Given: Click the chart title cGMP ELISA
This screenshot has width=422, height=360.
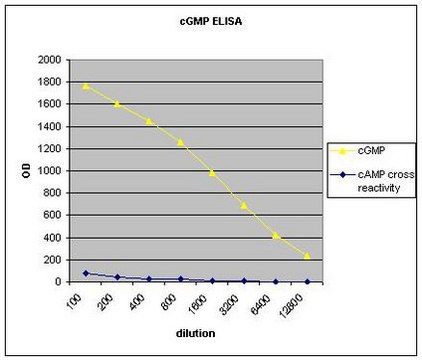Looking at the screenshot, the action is tap(211, 22).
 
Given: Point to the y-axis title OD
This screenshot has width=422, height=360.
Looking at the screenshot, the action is tap(27, 170).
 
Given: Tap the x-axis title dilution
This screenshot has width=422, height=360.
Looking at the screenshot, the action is tap(195, 333).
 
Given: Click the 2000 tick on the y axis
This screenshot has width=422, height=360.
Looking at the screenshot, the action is tap(50, 60).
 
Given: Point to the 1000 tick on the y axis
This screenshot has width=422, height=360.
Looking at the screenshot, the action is tap(50, 171).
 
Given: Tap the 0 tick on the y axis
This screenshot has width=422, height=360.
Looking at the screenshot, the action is tap(58, 282).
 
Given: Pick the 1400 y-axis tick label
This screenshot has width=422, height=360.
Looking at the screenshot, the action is tap(50, 127).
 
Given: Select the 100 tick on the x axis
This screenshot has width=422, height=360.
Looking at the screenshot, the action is tap(75, 302).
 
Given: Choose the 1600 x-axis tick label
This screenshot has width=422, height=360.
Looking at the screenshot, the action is tap(197, 304).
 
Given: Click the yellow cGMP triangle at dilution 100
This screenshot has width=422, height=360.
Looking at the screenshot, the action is tap(86, 86).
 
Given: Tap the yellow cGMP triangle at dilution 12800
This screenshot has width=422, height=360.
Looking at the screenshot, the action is tap(307, 256).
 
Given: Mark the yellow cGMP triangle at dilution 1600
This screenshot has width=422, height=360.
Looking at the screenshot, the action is tap(212, 172).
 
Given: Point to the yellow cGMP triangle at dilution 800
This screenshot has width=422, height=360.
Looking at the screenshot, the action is tap(181, 142).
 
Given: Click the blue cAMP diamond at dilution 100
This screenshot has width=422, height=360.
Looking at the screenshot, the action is tap(86, 273).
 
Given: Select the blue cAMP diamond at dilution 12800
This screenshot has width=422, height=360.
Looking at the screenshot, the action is tap(307, 282).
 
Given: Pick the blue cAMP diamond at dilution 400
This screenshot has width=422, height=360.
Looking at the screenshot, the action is tap(149, 279).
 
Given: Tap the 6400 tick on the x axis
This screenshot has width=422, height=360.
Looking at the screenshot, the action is tap(260, 304).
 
